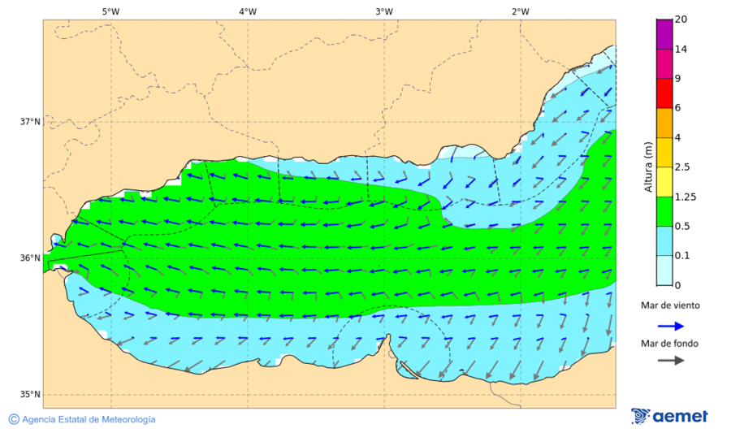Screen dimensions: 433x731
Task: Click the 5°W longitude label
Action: tap(111, 11)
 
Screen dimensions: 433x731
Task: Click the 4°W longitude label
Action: tap(248, 11)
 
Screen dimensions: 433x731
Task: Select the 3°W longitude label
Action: tap(384, 11)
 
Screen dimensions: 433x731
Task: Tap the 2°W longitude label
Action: tap(521, 11)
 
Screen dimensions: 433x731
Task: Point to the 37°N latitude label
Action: tap(30, 122)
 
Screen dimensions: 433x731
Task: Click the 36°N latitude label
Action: tap(30, 258)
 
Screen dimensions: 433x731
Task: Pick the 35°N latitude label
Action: tap(30, 395)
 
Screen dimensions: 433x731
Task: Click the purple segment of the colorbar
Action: tap(664, 34)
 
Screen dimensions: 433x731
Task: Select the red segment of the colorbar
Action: tap(664, 93)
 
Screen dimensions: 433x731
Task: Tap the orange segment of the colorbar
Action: tap(664, 123)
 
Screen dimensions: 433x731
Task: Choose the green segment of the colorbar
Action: tap(664, 211)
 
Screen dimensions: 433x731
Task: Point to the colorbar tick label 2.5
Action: tap(682, 167)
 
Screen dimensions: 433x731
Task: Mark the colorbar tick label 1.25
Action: tap(685, 197)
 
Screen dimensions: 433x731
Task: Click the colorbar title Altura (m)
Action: tap(648, 167)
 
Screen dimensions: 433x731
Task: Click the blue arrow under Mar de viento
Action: tap(669, 326)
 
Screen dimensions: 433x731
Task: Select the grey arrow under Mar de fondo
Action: tap(669, 361)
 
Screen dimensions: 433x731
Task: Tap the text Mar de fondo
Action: tap(669, 343)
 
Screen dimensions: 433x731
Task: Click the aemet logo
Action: tap(669, 416)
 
